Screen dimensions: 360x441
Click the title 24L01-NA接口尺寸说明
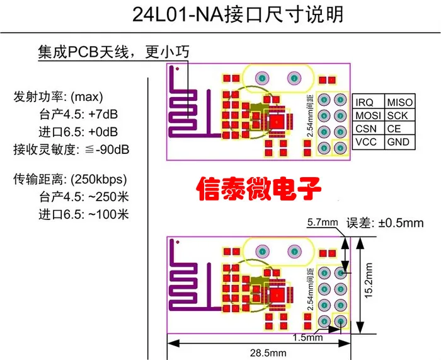pyautogui.click(x=238, y=15)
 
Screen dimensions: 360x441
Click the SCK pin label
pyautogui.click(x=397, y=115)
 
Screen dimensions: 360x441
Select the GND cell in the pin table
pyautogui.click(x=398, y=142)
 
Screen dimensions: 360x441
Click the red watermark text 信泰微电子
pyautogui.click(x=259, y=187)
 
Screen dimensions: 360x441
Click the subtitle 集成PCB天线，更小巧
pyautogui.click(x=113, y=52)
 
